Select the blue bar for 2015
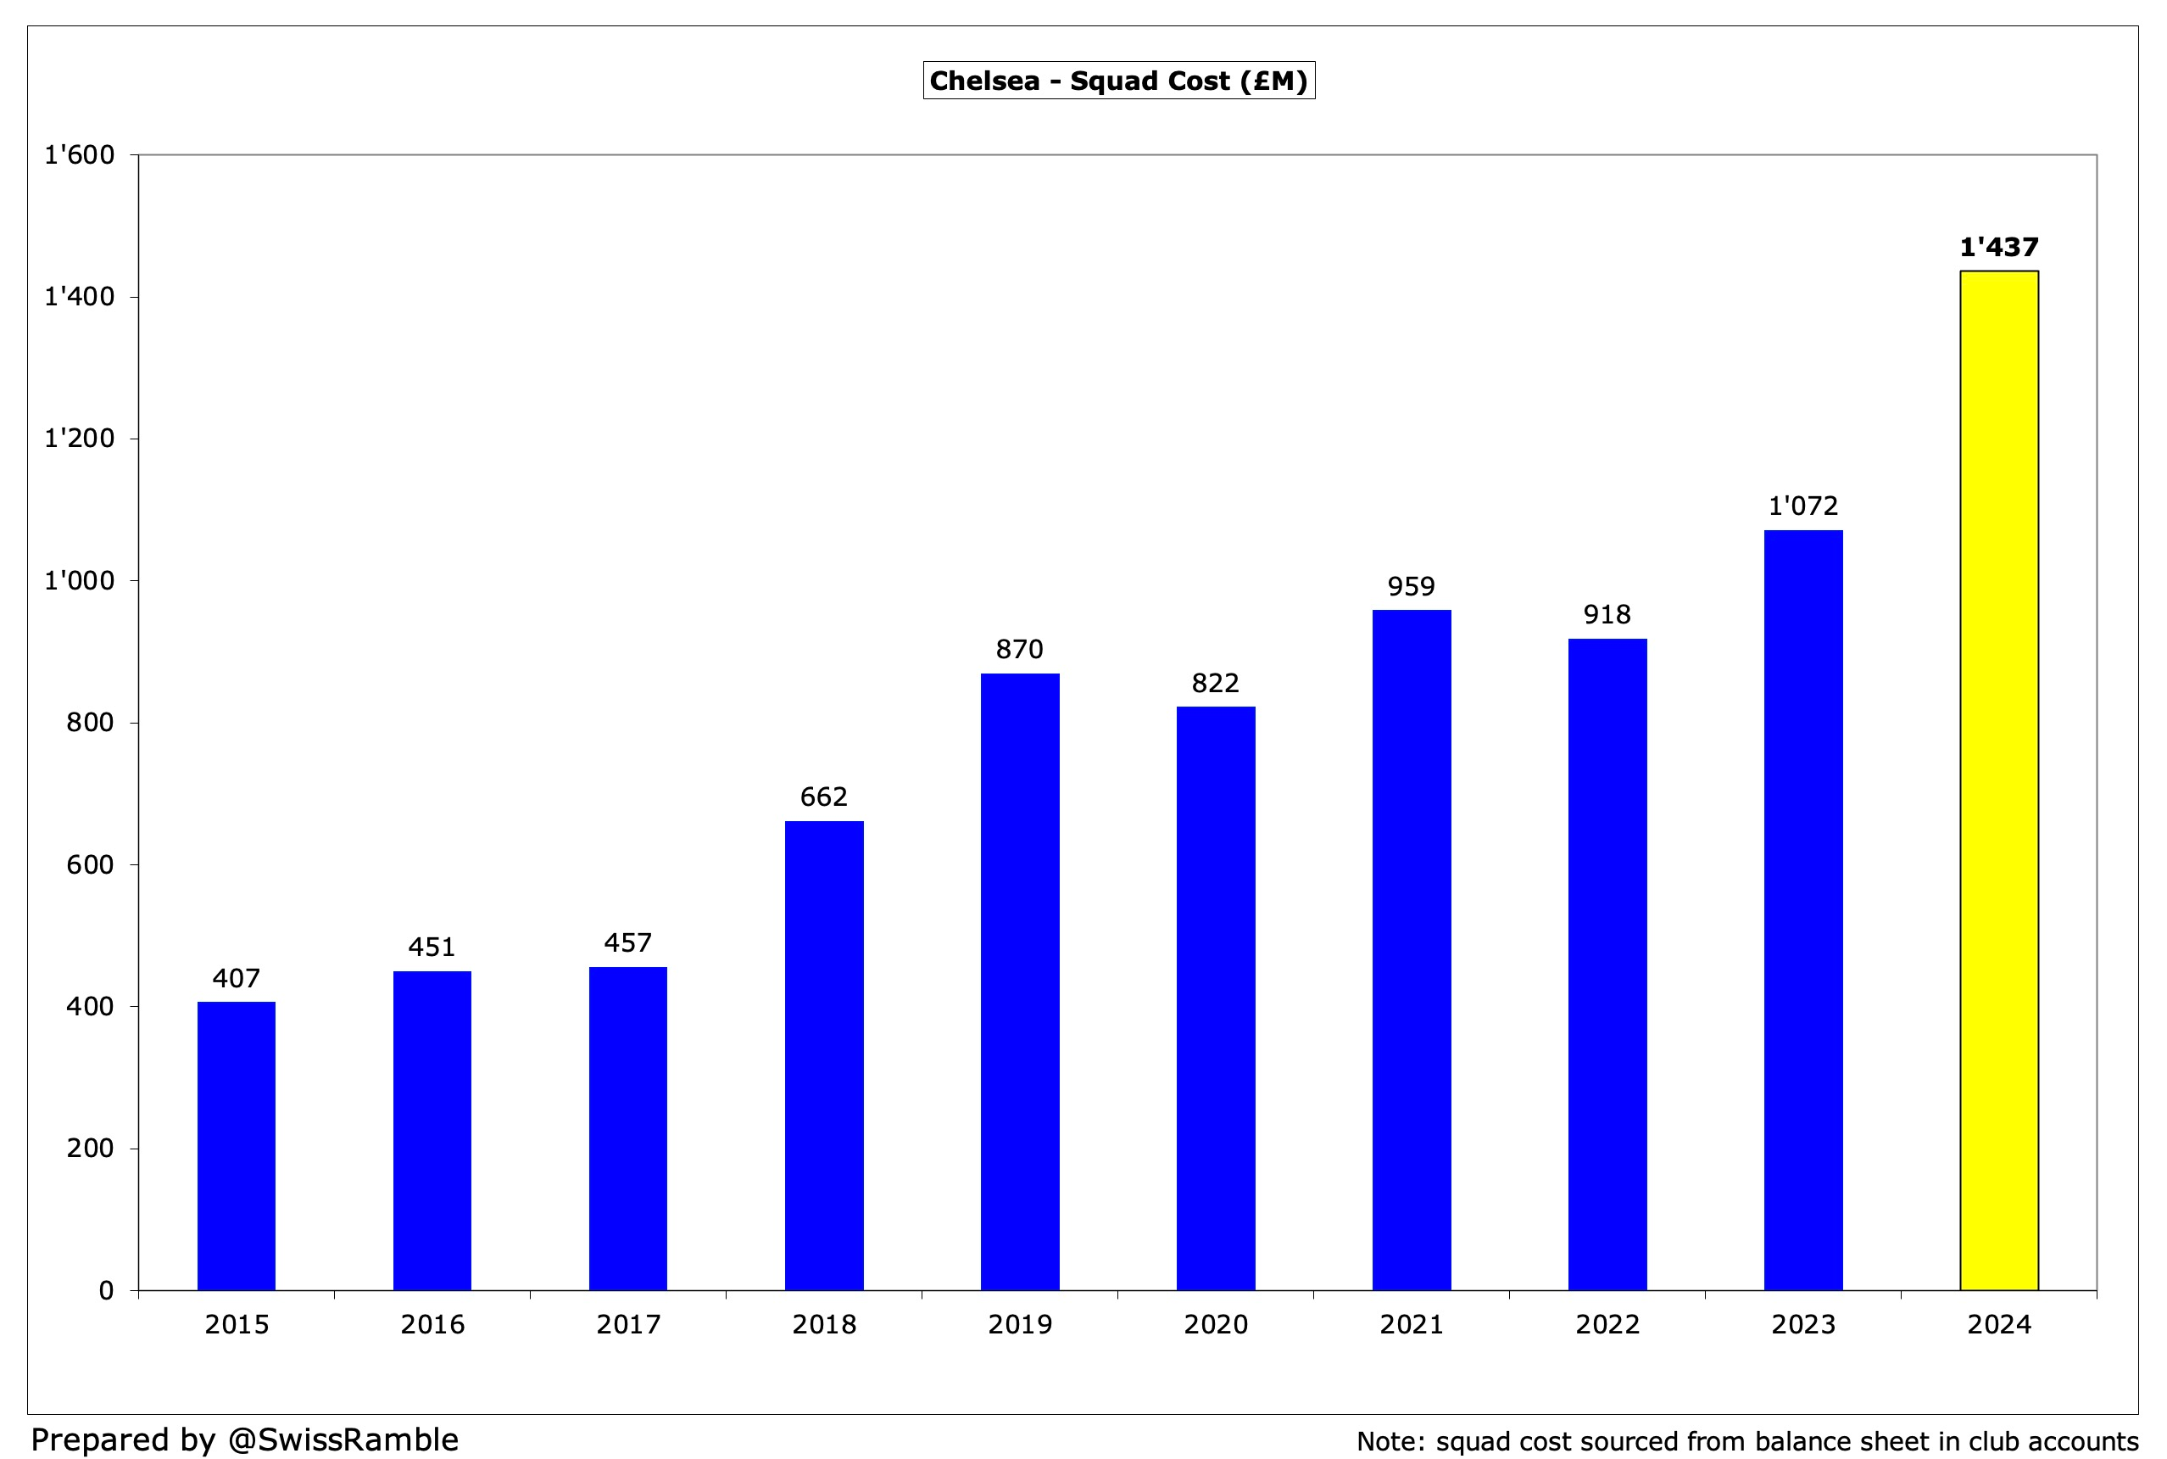(x=237, y=1145)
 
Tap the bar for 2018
(x=824, y=1055)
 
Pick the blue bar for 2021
(x=1411, y=949)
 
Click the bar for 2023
(x=1802, y=909)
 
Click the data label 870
(x=1019, y=650)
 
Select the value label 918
(x=1607, y=615)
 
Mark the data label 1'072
(x=1802, y=506)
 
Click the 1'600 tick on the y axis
(x=80, y=155)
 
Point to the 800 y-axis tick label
(x=90, y=723)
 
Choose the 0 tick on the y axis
(x=106, y=1290)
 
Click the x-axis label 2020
(x=1216, y=1325)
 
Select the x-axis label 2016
(x=432, y=1325)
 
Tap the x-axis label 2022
(x=1607, y=1325)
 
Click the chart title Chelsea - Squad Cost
(x=1119, y=81)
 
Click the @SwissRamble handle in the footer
(x=343, y=1439)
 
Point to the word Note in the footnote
(x=1388, y=1441)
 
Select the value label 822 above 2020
(x=1216, y=684)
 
